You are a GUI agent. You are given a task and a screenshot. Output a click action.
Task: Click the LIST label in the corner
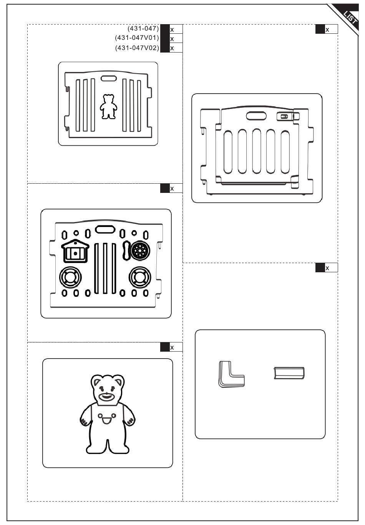(x=350, y=17)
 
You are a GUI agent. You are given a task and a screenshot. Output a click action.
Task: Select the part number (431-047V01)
(x=137, y=38)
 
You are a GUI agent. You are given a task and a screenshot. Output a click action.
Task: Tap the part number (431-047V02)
(x=137, y=48)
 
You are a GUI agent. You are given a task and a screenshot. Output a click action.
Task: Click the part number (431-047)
(x=143, y=28)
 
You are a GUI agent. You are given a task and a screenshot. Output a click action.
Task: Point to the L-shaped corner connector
(x=231, y=374)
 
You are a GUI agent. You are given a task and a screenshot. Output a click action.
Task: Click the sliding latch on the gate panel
(x=284, y=116)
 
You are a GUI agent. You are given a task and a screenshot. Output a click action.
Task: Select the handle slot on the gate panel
(x=257, y=116)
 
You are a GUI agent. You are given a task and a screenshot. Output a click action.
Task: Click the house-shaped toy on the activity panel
(x=75, y=252)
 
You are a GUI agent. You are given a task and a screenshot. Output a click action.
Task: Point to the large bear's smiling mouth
(x=106, y=397)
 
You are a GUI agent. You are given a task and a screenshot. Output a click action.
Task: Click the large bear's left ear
(x=96, y=381)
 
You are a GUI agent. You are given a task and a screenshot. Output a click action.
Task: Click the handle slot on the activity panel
(x=105, y=229)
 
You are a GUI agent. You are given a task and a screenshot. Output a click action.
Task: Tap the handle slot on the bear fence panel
(x=108, y=78)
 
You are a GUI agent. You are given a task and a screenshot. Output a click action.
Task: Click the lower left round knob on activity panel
(x=70, y=277)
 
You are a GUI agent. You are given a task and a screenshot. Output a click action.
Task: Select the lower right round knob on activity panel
(x=140, y=277)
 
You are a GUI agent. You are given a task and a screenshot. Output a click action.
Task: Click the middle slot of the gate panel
(x=256, y=152)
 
